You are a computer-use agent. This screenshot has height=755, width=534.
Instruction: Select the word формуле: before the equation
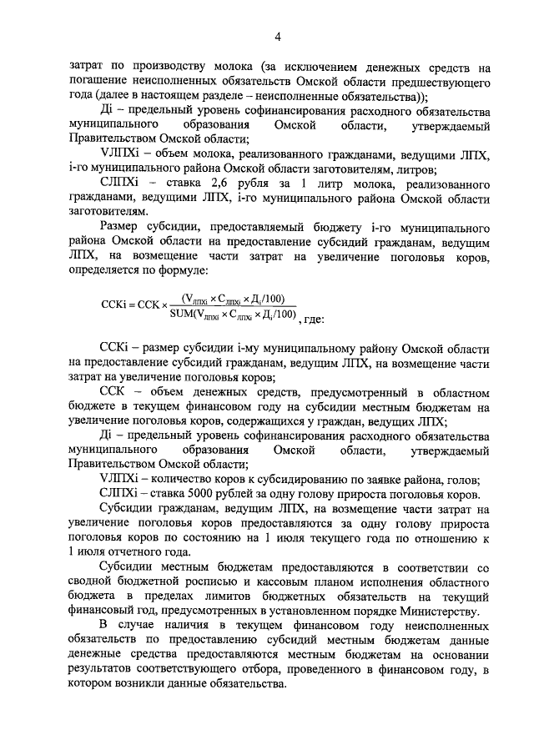(181, 269)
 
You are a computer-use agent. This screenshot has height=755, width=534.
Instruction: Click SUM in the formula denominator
(182, 315)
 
